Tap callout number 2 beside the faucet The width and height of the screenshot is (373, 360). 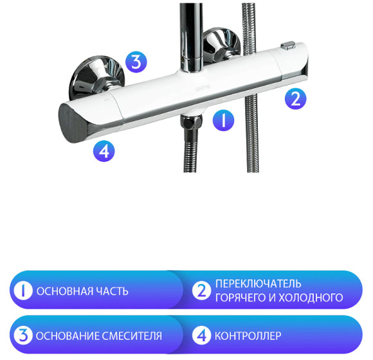(295, 98)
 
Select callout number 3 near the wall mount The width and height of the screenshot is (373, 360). (136, 62)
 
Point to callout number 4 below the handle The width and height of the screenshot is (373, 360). (104, 151)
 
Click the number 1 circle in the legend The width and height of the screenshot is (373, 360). (23, 291)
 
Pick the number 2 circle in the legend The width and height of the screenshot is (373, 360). (202, 291)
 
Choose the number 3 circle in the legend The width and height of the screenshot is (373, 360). (23, 336)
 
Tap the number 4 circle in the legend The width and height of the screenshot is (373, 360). (202, 336)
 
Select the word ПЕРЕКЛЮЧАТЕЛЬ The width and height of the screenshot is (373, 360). (259, 284)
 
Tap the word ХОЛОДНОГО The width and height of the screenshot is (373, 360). (312, 298)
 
